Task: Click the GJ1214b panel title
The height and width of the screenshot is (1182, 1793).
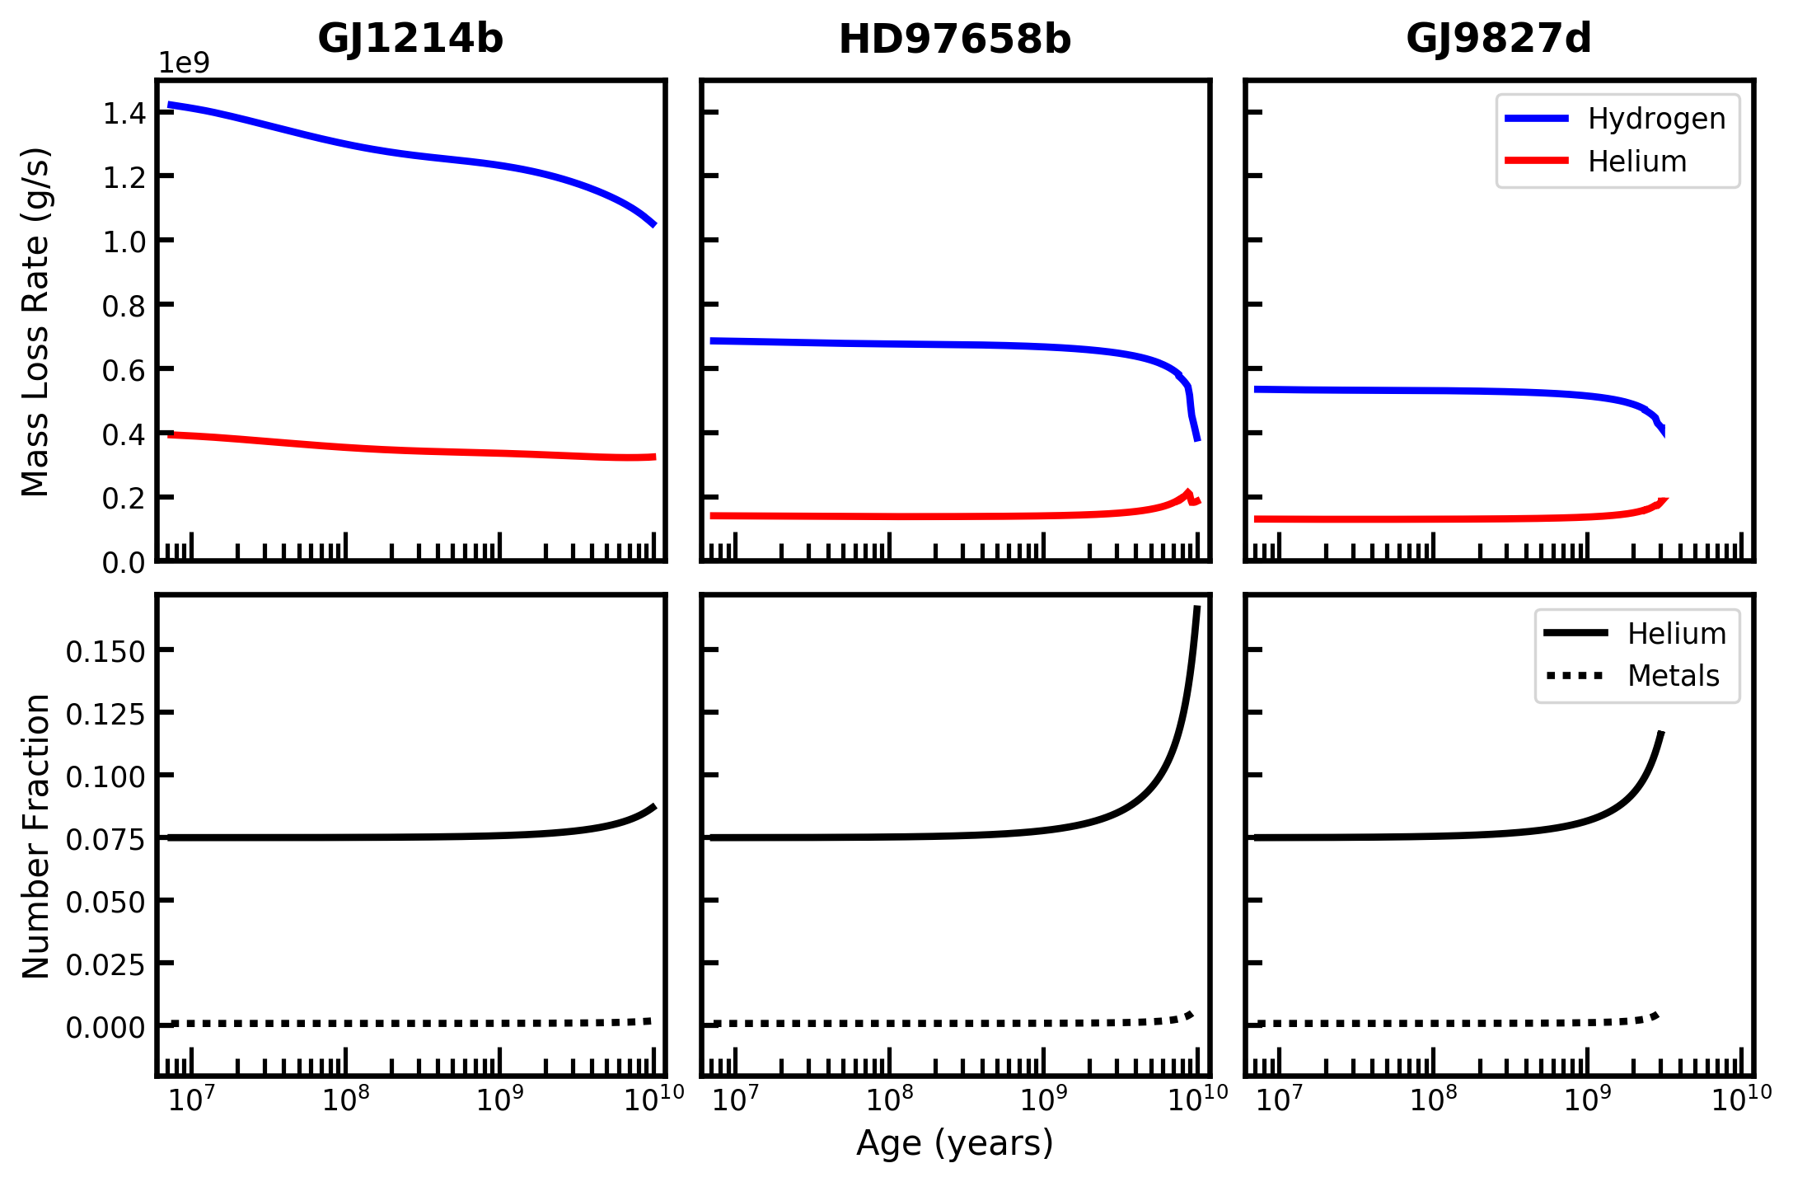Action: pos(410,39)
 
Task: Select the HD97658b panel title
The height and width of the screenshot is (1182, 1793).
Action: pos(955,40)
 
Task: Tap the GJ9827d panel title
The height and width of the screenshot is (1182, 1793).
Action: pos(1499,39)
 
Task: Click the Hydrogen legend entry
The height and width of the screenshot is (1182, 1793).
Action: pos(1616,119)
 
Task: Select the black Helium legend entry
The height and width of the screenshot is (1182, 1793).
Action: pos(1635,633)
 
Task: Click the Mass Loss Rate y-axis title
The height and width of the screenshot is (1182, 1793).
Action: pos(36,321)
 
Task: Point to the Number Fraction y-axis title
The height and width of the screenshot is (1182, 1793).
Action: pos(36,836)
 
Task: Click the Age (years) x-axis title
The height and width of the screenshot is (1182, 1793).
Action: pos(955,1144)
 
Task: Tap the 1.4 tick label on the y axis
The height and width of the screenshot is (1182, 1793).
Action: pos(124,113)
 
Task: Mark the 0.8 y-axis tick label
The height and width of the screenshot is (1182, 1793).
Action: pos(124,306)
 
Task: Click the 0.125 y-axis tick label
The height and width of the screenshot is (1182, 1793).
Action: pos(105,713)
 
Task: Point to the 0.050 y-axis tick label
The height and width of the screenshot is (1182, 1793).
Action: pos(105,901)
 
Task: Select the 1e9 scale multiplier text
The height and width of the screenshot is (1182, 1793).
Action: pos(184,63)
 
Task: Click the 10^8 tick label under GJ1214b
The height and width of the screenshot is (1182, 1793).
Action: pos(346,1099)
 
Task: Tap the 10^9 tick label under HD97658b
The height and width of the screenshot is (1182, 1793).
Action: pos(1044,1099)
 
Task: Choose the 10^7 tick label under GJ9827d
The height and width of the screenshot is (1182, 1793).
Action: pos(1279,1099)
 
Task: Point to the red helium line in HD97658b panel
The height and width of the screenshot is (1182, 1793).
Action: pos(955,517)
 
